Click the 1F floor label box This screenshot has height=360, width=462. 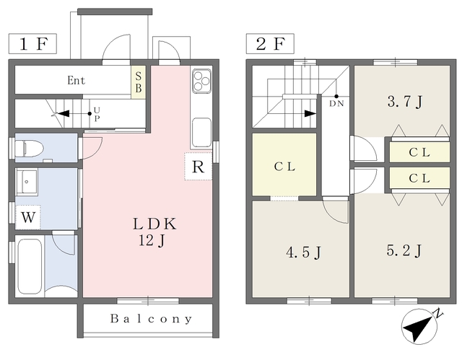pos(32,44)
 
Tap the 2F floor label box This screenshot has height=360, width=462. pos(270,44)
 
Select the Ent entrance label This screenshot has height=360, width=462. pos(76,80)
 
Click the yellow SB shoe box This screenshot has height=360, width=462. pos(138,82)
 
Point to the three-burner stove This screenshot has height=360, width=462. pos(201,80)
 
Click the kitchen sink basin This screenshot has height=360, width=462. pos(201,133)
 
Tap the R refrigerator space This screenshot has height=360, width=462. pos(199,167)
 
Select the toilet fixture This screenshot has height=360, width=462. pos(29,148)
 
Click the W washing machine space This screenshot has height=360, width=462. pos(28,217)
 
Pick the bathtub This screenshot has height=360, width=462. pos(29,266)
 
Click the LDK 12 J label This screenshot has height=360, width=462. pos(154,232)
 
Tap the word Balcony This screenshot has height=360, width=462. pos(151,319)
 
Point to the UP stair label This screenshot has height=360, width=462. pos(97,115)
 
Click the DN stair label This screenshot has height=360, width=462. pos(336,104)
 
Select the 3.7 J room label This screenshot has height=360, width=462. pos(405,102)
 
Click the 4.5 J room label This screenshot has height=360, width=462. pos(304,253)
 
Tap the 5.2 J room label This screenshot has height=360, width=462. pos(404,250)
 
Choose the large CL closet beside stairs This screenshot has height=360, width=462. pos(284,164)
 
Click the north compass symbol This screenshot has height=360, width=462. pos(419,326)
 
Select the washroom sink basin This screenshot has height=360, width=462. pos(27,182)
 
